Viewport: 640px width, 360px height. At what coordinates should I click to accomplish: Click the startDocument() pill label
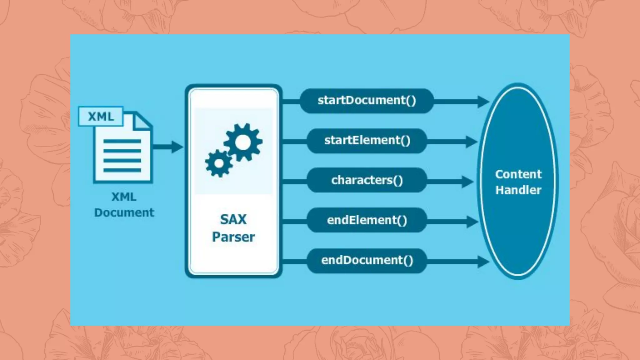click(367, 101)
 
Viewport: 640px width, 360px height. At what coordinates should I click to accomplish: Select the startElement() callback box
click(367, 141)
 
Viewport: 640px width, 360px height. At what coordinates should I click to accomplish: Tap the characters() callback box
click(367, 180)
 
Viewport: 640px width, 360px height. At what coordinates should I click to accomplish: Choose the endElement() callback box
click(367, 220)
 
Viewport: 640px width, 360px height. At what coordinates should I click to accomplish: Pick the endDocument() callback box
click(367, 260)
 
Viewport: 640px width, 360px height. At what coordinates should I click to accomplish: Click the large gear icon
click(243, 142)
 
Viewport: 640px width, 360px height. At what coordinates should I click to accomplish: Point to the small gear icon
click(219, 163)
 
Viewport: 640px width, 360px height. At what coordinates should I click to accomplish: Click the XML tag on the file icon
click(101, 117)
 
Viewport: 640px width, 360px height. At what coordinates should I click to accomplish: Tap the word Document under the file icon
click(124, 213)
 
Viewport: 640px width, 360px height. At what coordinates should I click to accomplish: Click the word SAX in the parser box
click(233, 219)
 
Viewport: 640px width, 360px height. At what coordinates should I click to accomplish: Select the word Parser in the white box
click(233, 237)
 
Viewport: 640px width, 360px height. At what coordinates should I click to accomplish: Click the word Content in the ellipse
click(518, 174)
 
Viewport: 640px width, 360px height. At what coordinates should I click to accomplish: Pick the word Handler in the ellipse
click(518, 190)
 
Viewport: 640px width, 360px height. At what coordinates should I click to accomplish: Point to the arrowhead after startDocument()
click(483, 102)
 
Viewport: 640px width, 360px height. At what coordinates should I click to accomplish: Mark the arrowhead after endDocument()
click(483, 262)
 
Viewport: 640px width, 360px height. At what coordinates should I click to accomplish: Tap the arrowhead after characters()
click(468, 182)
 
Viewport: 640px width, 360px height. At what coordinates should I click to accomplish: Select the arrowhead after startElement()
click(471, 142)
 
